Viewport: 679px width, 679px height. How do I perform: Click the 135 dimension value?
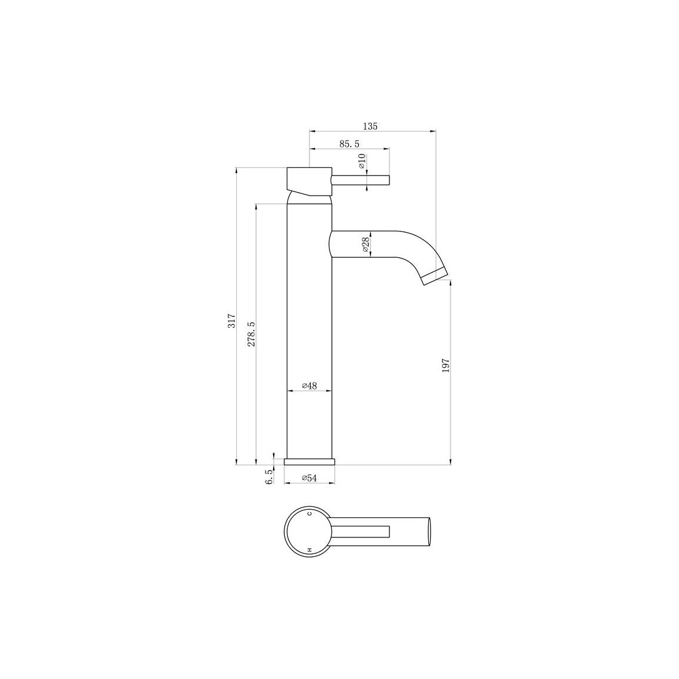coord(370,126)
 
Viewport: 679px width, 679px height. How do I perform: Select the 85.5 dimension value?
coord(349,144)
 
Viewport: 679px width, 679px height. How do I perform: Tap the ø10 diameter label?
coord(362,161)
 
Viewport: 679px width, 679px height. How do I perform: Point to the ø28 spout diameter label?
coord(365,244)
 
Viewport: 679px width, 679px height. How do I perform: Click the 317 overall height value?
coord(231,321)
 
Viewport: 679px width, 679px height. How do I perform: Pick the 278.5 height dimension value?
coord(251,334)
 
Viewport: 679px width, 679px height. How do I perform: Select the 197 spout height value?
coord(446,365)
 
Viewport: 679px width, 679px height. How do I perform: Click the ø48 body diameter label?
coord(310,385)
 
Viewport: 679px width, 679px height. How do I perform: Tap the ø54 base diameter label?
coord(310,478)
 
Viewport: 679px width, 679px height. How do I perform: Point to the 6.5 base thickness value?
coord(269,477)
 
